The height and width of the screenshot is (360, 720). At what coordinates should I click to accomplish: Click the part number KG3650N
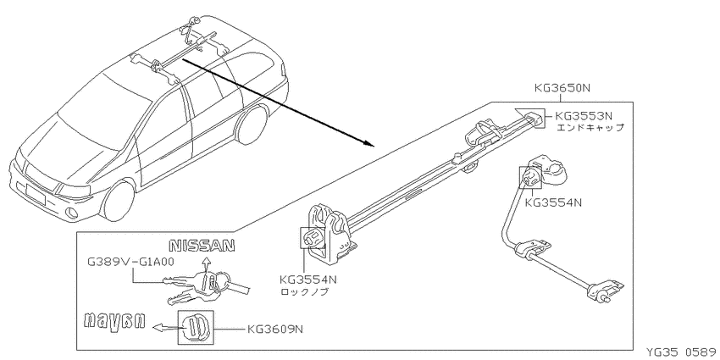point(562,89)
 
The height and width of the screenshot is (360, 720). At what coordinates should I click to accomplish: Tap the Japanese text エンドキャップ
point(590,128)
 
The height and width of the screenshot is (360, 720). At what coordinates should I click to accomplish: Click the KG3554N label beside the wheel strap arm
point(553,202)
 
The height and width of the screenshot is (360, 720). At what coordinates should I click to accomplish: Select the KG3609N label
point(274,329)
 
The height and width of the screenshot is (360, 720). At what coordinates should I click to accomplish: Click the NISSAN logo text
point(202,246)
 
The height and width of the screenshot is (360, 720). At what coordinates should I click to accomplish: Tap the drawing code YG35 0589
point(681,353)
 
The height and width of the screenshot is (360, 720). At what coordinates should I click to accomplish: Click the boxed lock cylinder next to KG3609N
point(196,328)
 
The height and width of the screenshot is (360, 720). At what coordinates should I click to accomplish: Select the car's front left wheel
point(119,202)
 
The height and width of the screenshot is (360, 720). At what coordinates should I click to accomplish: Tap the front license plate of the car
point(36,193)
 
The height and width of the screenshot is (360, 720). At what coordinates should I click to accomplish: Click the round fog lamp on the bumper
point(72,213)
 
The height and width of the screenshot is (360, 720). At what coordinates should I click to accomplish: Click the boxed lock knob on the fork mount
point(313,237)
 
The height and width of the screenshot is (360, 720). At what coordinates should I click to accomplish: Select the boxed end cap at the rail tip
point(535,117)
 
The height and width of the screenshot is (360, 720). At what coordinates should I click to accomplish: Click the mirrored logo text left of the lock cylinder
point(115,321)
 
